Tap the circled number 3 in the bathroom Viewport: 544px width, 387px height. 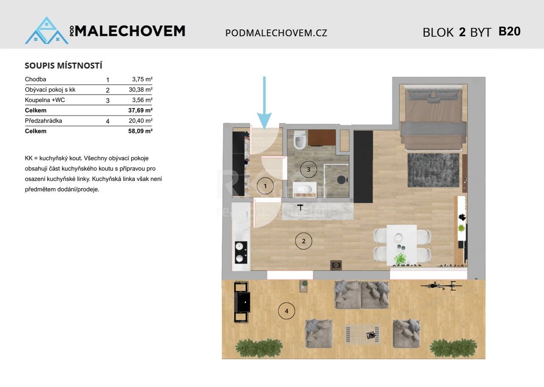click(x=309, y=169)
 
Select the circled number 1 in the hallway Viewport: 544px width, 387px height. click(x=266, y=186)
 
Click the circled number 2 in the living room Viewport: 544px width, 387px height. click(x=303, y=241)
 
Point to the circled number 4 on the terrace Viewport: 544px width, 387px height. click(x=286, y=311)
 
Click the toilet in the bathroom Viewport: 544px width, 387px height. click(x=300, y=140)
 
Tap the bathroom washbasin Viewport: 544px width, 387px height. click(x=304, y=189)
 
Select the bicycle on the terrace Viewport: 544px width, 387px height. click(x=441, y=286)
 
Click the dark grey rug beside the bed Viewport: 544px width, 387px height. click(x=433, y=170)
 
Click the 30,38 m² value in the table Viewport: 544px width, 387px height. click(x=141, y=90)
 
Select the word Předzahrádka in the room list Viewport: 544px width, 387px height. click(x=43, y=121)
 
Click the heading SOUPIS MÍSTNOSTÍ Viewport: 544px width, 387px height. click(x=63, y=66)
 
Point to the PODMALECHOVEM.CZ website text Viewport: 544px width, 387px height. click(x=276, y=33)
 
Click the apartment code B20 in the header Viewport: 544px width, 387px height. click(x=509, y=32)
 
